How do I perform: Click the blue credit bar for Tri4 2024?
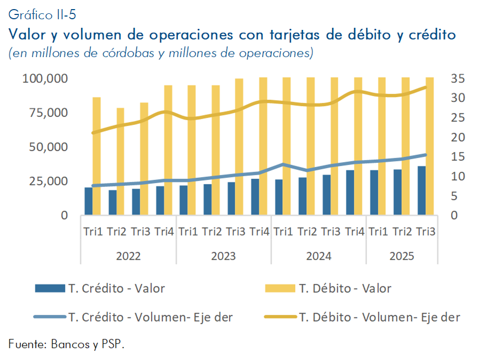[x=350, y=193]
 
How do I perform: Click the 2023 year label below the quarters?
[x=223, y=256]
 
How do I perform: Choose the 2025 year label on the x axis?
[x=402, y=256]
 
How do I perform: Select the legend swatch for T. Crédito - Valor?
[x=50, y=288]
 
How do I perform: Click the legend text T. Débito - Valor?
[x=345, y=288]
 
